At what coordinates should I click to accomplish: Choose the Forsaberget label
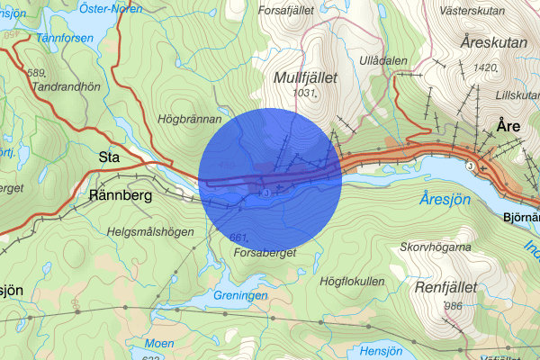[265, 252]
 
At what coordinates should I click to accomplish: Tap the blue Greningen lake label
[241, 295]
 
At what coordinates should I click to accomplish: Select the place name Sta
[109, 157]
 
